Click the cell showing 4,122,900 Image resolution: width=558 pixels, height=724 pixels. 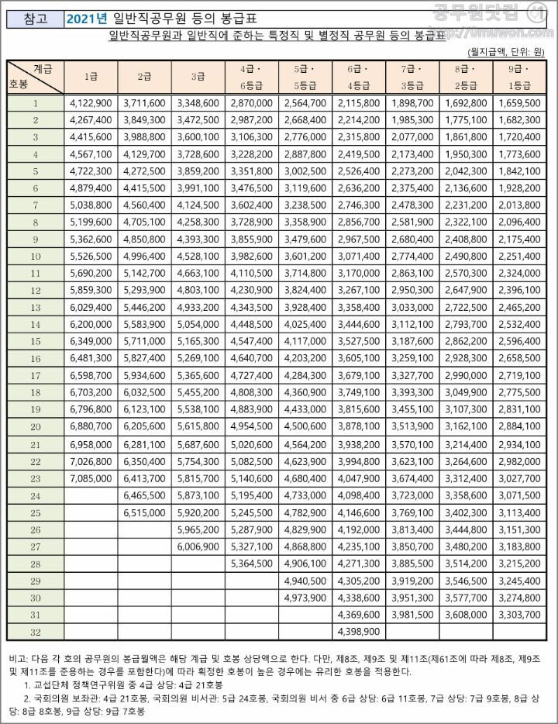(91, 102)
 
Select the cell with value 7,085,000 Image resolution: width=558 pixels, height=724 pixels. (91, 479)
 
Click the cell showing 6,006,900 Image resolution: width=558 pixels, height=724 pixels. (198, 546)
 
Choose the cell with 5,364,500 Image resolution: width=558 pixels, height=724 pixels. (252, 564)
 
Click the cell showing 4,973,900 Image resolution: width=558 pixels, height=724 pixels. (305, 598)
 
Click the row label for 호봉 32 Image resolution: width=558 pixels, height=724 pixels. (36, 632)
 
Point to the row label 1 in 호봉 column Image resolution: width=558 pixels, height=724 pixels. (36, 102)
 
